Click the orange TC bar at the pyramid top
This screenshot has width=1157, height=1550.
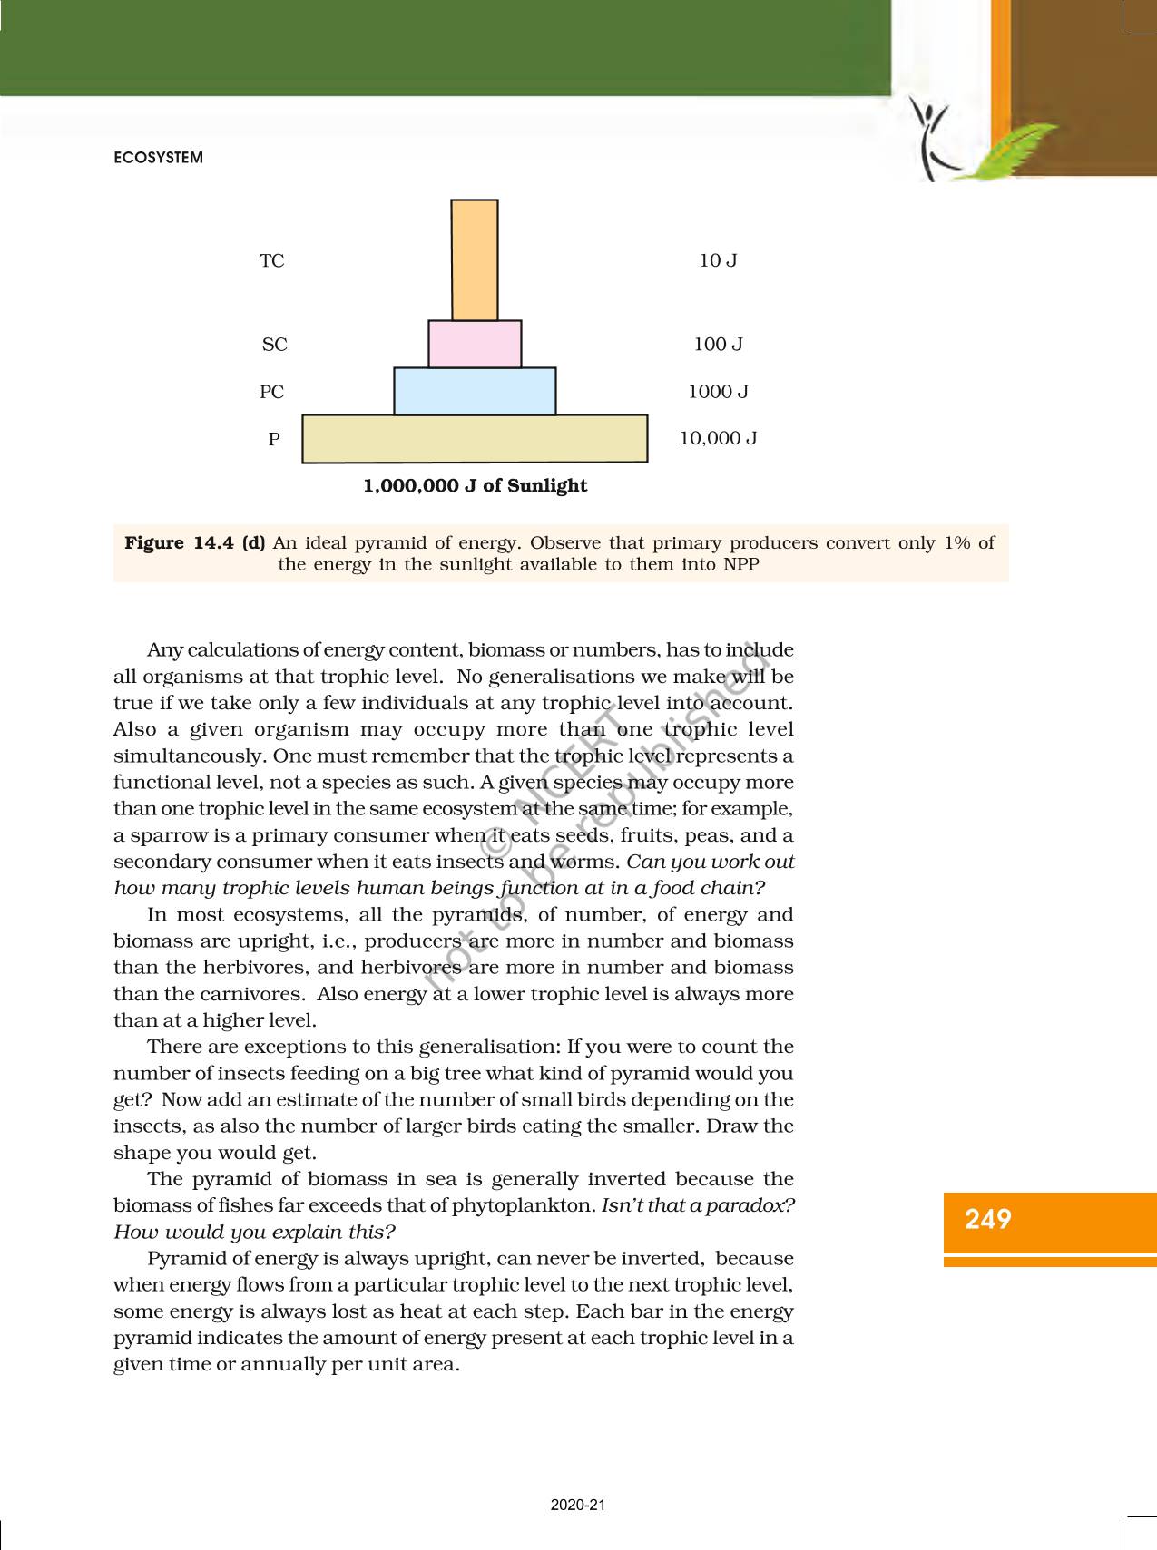tap(475, 260)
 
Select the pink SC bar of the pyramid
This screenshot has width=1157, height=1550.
tap(475, 344)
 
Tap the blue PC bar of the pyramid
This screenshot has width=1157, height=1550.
tap(475, 391)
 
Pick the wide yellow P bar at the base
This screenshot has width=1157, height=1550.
tap(475, 439)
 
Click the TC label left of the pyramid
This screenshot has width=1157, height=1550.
tap(272, 261)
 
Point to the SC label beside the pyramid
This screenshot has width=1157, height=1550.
tap(274, 345)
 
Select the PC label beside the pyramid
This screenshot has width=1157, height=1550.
tap(272, 392)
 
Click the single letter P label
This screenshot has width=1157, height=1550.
tap(274, 439)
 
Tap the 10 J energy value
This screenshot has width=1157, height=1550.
tap(718, 261)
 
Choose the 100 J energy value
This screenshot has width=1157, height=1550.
tap(718, 345)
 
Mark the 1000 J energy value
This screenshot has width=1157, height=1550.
tap(718, 392)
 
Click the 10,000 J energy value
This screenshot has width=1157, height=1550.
tap(718, 439)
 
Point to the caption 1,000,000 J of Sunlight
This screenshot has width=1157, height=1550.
tap(475, 486)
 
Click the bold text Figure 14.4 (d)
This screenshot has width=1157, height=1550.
tap(195, 543)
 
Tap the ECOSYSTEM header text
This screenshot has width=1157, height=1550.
tap(159, 158)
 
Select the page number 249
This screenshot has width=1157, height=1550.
tap(988, 1219)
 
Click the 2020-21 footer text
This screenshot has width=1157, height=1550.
tap(578, 1505)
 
